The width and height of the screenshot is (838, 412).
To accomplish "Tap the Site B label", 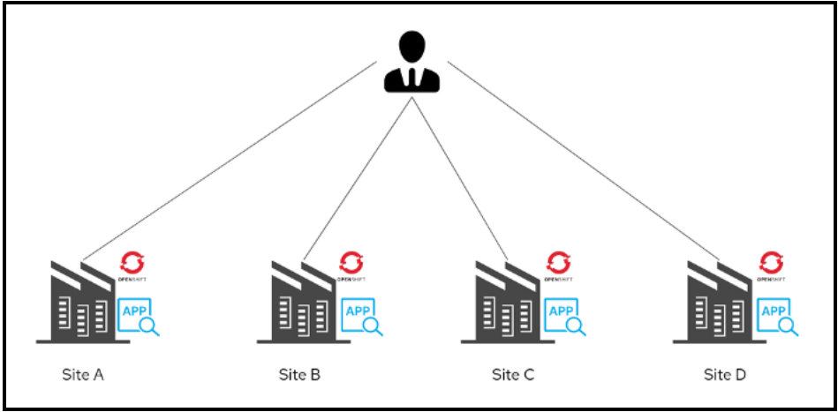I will click(299, 374).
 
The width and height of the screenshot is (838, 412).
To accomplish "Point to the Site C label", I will click(513, 374).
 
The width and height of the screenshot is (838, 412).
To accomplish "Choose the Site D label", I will click(725, 374).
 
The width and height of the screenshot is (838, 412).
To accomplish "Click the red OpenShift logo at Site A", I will click(132, 261).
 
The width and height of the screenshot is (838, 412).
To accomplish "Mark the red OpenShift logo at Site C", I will click(558, 261).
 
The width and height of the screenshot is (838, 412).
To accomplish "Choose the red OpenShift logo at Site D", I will click(772, 261).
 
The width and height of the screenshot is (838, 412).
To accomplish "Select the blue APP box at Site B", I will click(357, 313).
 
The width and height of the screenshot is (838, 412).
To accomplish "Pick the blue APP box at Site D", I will click(774, 313).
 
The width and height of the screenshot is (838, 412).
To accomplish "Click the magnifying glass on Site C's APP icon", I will click(577, 326).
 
